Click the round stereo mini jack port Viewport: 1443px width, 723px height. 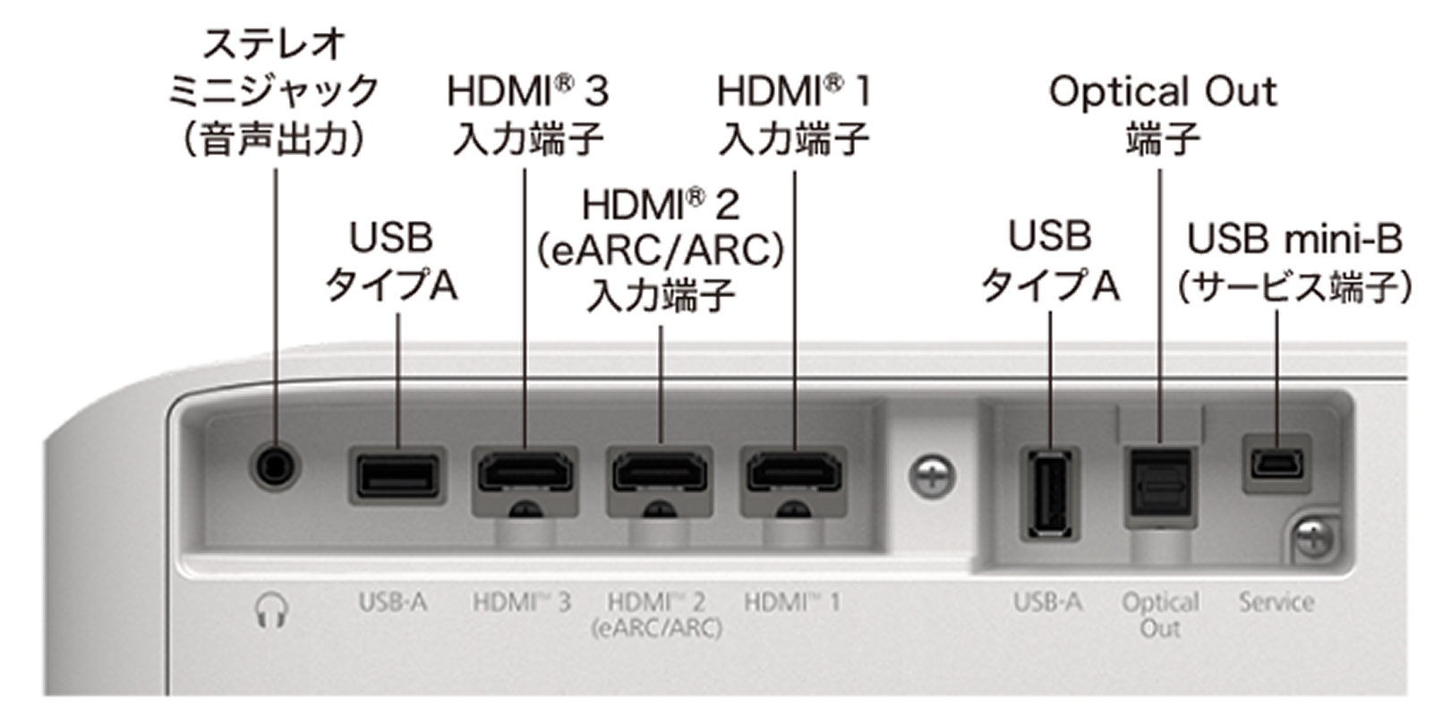275,466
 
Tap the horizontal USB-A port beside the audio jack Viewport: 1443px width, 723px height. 397,476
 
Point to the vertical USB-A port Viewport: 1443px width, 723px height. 1051,495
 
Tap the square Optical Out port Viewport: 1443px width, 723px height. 1161,488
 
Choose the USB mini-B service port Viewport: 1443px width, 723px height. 1276,464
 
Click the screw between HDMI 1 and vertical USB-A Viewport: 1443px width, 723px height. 932,476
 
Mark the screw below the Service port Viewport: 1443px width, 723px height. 1314,538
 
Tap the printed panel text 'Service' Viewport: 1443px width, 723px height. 1276,602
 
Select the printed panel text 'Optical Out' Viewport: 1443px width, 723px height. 1161,615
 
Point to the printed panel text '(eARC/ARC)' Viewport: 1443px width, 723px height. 656,628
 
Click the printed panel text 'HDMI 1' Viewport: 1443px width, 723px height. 792,602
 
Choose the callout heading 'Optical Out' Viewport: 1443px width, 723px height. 1163,92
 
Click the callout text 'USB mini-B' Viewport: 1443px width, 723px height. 1294,239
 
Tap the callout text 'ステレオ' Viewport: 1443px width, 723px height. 275,44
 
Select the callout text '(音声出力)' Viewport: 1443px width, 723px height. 275,139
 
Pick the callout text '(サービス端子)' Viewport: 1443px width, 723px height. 1294,287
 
